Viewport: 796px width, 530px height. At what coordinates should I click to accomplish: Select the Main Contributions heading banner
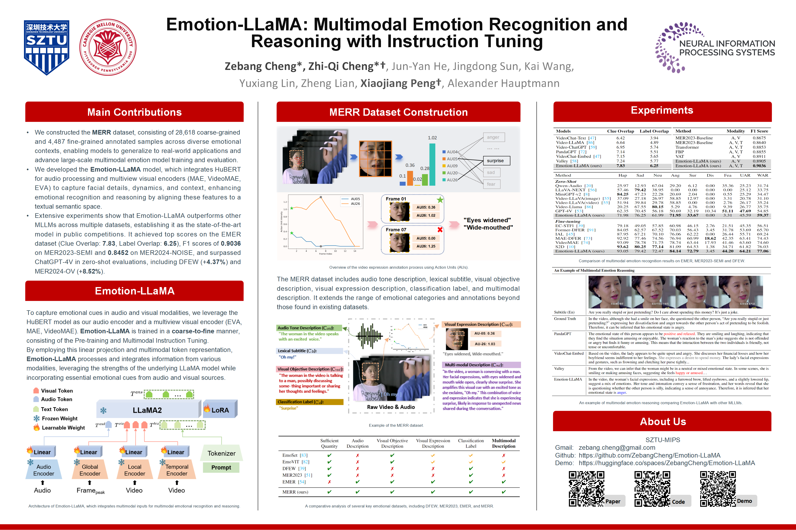[134, 112]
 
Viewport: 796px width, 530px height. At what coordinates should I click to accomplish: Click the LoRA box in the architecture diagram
[220, 410]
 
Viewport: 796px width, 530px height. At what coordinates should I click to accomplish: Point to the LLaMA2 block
[148, 410]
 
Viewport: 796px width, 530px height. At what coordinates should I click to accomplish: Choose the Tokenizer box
[221, 453]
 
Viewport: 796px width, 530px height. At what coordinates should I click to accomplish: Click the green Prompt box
[221, 467]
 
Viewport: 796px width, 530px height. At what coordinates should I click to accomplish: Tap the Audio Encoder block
[44, 470]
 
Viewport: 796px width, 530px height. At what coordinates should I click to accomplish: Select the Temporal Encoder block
[177, 470]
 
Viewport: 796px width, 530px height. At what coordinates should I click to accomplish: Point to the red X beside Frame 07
[440, 230]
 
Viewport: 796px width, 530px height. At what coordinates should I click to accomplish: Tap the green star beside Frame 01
[440, 199]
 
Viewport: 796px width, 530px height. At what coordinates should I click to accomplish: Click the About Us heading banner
[662, 421]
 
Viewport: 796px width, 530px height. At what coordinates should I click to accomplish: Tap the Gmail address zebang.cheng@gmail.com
[617, 447]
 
